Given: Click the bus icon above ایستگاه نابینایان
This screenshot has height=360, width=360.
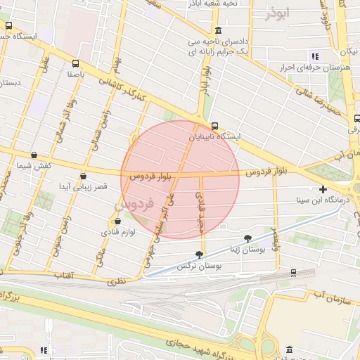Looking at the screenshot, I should [x=214, y=127].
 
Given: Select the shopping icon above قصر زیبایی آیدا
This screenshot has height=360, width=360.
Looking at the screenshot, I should [x=84, y=176].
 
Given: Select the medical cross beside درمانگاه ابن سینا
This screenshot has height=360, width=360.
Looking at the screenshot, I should [x=323, y=189].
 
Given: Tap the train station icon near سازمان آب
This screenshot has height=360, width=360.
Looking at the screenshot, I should [x=293, y=273].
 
